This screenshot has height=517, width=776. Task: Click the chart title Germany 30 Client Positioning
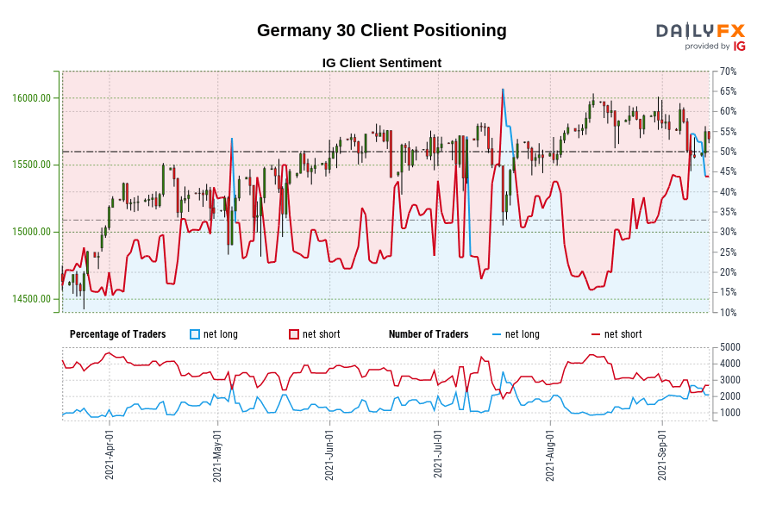pos(381,31)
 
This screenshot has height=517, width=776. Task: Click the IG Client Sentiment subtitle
pos(381,63)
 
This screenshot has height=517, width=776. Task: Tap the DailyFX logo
pos(700,36)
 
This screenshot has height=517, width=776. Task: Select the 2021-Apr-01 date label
pos(110,455)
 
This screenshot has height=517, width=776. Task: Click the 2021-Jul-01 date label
pos(438,455)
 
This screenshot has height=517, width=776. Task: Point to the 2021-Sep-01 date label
pos(662,455)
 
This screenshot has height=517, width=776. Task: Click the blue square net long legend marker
pos(195,334)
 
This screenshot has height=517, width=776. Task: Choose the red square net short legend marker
pos(294,334)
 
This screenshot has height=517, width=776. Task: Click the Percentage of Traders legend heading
pos(118,334)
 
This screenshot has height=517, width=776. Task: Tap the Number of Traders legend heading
pos(429,334)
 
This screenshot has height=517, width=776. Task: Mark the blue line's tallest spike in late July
pos(502,90)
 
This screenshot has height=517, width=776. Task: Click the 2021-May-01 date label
pos(217,455)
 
